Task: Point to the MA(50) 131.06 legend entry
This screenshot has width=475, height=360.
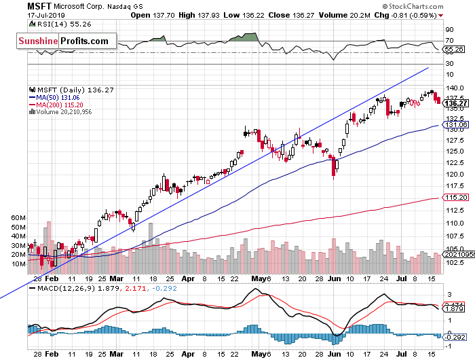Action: pos(60,97)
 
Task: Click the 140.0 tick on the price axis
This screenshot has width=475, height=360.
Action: pos(454,88)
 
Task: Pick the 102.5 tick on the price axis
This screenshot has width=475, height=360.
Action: pos(454,263)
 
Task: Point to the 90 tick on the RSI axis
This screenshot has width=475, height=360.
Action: pos(449,31)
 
